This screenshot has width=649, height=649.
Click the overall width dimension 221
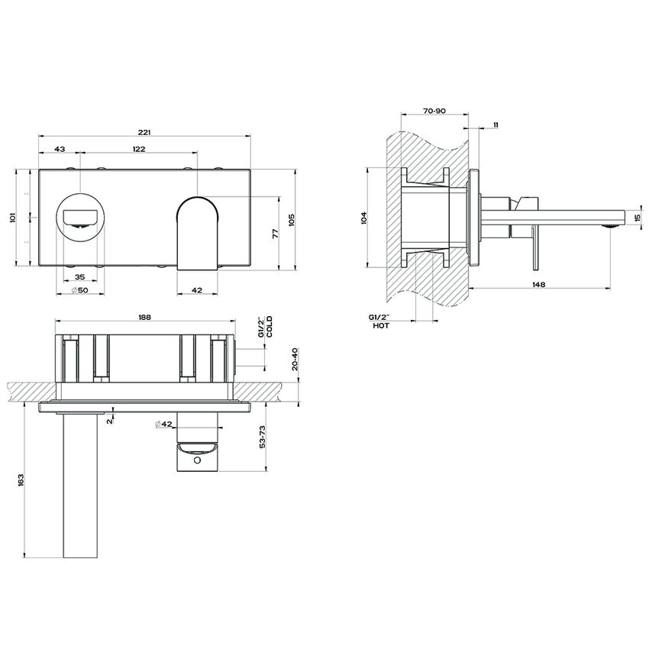145,131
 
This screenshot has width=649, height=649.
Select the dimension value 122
139,149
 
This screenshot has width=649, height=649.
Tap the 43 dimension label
60,149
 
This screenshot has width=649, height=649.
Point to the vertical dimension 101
11,218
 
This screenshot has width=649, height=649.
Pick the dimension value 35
79,279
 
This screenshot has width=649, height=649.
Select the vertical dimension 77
276,233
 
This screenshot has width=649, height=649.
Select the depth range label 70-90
434,111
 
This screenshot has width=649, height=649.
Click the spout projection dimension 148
538,284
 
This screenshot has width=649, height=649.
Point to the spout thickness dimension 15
638,218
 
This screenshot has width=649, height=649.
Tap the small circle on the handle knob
198,461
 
